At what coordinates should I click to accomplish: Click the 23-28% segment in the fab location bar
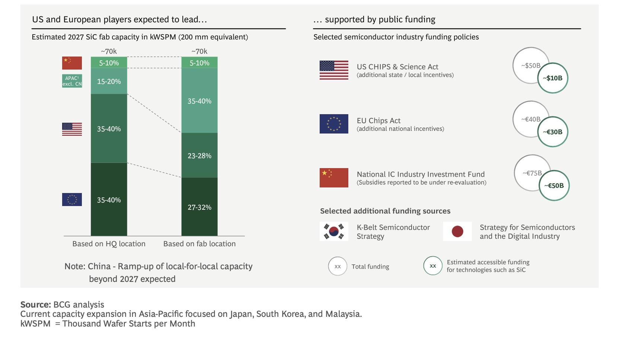click(199, 155)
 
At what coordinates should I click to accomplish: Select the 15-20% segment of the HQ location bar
click(109, 81)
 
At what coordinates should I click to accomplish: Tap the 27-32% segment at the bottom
click(199, 207)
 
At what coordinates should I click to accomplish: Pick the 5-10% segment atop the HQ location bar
click(109, 62)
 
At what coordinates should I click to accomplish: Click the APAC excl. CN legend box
click(72, 81)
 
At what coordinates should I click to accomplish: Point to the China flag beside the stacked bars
click(72, 63)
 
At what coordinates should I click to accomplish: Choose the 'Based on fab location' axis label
click(199, 244)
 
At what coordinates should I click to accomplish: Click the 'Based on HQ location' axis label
click(109, 244)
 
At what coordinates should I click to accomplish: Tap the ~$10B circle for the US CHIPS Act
click(553, 78)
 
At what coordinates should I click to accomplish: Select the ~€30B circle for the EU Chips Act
click(553, 132)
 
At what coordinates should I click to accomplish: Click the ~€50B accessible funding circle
click(554, 185)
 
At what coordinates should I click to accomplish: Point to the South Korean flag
click(334, 231)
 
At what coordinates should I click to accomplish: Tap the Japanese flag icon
click(457, 231)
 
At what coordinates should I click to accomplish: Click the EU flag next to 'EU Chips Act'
click(334, 124)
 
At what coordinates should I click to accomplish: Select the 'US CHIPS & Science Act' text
click(397, 67)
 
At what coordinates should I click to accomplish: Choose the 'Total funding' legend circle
click(338, 266)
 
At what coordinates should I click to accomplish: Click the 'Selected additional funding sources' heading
click(385, 211)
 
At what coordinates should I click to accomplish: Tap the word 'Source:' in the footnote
click(35, 305)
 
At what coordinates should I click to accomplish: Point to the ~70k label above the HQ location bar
click(109, 51)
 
